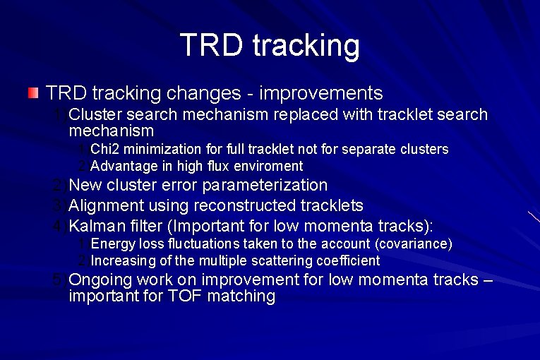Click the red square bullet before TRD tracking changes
33,93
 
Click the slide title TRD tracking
270,44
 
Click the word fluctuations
205,244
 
